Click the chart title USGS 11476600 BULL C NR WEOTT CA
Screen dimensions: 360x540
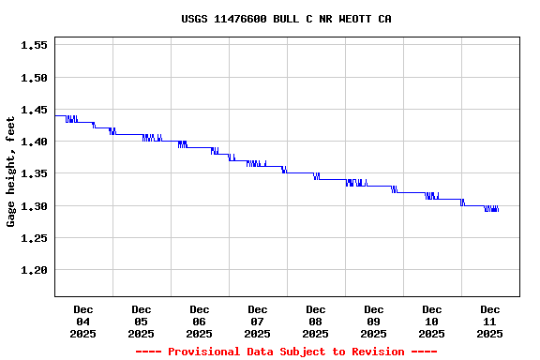[x=286, y=19]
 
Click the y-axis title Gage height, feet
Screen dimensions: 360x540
[x=11, y=172]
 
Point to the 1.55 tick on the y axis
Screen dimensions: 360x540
[x=34, y=45]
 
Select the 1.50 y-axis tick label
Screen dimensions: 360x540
[x=34, y=78]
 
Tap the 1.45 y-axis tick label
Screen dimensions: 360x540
[x=34, y=110]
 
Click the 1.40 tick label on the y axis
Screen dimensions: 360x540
[x=34, y=142]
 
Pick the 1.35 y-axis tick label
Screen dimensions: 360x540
[x=34, y=174]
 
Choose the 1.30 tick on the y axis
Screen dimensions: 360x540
[x=34, y=206]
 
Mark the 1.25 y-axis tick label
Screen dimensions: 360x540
[x=34, y=238]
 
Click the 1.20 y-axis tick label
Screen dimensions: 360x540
[x=34, y=271]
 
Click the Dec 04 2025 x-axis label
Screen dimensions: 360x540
[x=83, y=322]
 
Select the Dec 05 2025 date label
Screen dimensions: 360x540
[x=142, y=322]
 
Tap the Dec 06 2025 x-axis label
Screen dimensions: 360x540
[x=200, y=322]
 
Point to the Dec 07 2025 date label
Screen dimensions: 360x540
[x=258, y=322]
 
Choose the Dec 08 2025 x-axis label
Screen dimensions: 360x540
[x=316, y=322]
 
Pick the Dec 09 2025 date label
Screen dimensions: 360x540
[x=374, y=322]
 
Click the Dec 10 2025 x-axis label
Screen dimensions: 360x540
[x=432, y=322]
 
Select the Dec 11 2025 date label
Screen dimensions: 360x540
[x=490, y=322]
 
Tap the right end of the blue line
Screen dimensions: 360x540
[x=498, y=210]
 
